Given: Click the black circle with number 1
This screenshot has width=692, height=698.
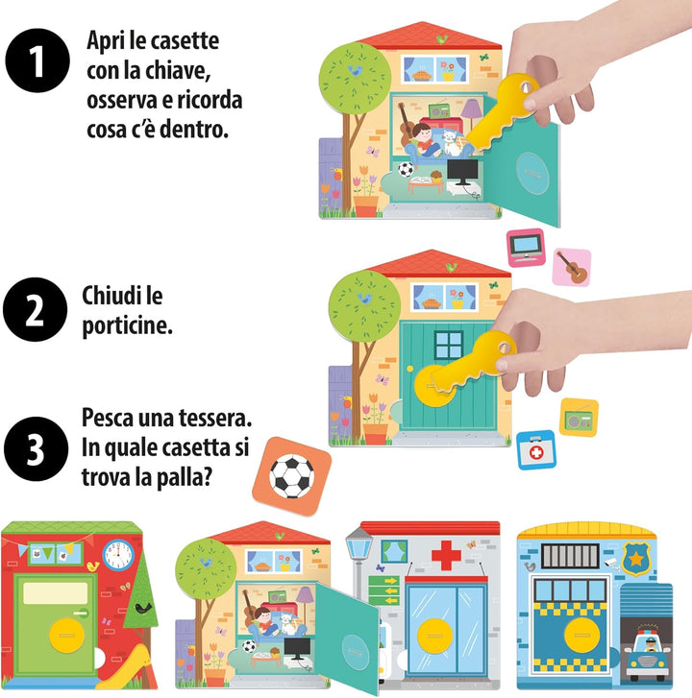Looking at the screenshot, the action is pos(37,60).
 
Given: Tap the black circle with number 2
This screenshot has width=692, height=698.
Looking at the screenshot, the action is pos(36,309).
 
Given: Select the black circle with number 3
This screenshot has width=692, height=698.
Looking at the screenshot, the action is pos(37,448).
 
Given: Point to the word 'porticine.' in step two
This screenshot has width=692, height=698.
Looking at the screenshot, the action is pos(127,326).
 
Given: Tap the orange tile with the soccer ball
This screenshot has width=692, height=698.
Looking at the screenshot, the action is pos(292,477).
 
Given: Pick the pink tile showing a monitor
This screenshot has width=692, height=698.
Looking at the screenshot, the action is pos(527,248).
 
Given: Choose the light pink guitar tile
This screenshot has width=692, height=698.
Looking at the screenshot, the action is pos(572,267).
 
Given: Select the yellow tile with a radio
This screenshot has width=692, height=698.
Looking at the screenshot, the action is pos(579,418).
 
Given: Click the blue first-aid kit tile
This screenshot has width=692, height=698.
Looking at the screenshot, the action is pos(536,450).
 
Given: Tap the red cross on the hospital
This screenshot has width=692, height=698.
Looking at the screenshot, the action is pos(446,555).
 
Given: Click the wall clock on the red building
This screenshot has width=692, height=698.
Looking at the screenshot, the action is pos(118,555).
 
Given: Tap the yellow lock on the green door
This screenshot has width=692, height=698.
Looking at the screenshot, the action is pos(66,636).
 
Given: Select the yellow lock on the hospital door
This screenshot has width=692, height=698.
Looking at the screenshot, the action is pos(434,636).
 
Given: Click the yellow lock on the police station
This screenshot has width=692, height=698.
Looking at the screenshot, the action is pos(581,635).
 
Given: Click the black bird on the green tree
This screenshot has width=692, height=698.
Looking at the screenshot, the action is pos(144,608).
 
